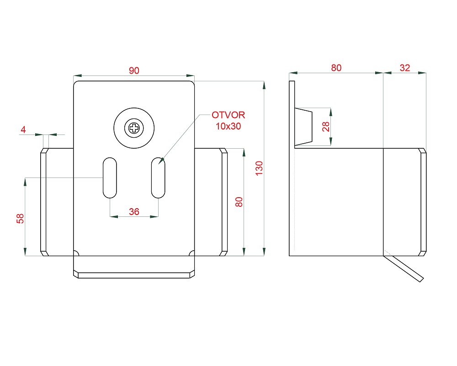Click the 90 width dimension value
pyautogui.click(x=134, y=70)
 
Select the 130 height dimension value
pyautogui.click(x=259, y=168)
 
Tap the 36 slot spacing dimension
pyautogui.click(x=134, y=211)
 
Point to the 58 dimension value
pyautogui.click(x=20, y=219)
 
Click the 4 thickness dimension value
pyautogui.click(x=23, y=130)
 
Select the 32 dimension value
pyautogui.click(x=404, y=68)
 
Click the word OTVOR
pyautogui.click(x=228, y=115)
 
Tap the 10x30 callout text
pyautogui.click(x=228, y=126)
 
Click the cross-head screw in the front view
pyautogui.click(x=134, y=128)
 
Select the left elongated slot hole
pyautogui.click(x=110, y=178)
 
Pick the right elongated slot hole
pyautogui.click(x=158, y=178)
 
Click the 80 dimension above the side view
pyautogui.click(x=336, y=68)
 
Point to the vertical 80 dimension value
pyautogui.click(x=239, y=202)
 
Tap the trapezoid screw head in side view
pyautogui.click(x=303, y=127)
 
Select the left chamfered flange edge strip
pyautogui.click(x=43, y=202)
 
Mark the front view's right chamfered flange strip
pyautogui.click(x=224, y=202)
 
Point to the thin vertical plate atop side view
pyautogui.click(x=292, y=114)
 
